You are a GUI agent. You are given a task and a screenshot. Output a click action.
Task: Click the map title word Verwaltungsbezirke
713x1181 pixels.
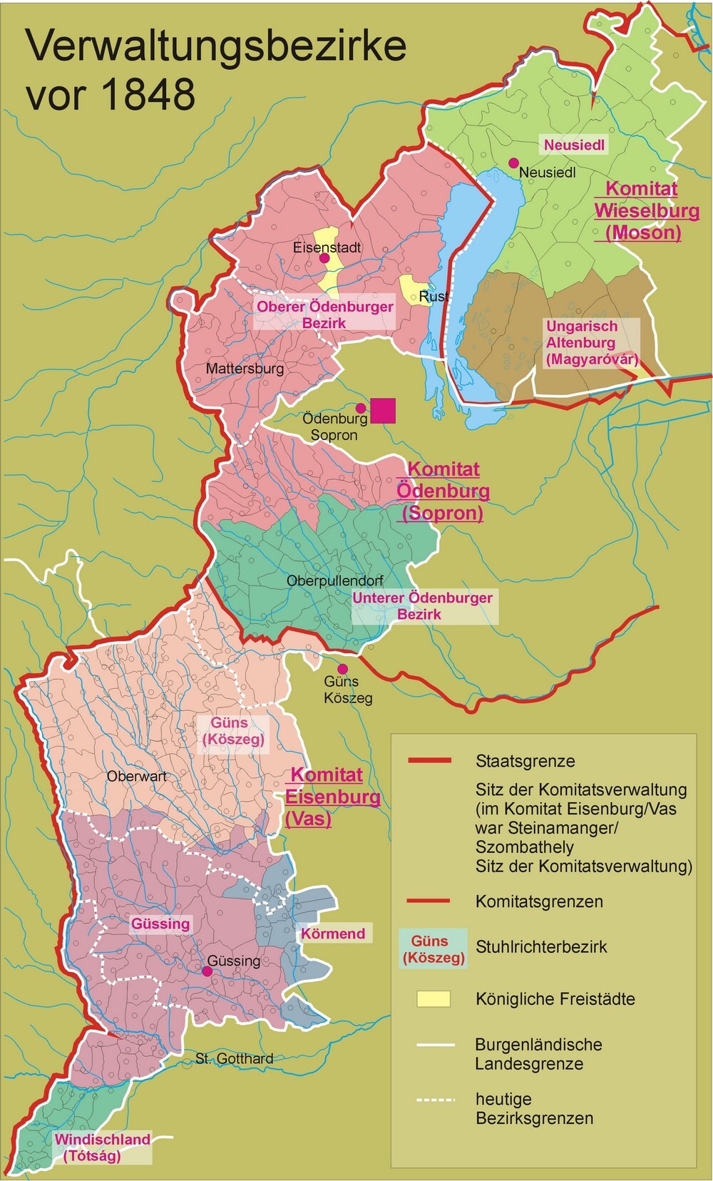coord(216,46)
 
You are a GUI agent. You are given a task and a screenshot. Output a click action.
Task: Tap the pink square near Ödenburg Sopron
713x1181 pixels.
coord(383,410)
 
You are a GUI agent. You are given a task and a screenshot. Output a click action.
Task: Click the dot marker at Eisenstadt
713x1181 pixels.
coord(323,258)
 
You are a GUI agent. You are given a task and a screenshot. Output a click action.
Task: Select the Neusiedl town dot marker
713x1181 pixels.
coord(513,163)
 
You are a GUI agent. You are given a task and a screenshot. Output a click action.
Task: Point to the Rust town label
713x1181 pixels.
coord(434,296)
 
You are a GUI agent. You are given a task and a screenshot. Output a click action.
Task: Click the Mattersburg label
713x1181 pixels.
coord(245,369)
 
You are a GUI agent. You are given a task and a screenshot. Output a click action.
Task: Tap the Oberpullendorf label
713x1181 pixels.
coord(335,581)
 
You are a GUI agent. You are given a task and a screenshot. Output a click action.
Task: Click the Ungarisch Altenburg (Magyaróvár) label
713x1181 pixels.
coord(592,343)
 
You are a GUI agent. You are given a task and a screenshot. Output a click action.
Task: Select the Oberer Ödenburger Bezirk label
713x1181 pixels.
coord(325,315)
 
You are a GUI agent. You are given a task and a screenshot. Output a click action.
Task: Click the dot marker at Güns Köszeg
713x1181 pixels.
coord(342,669)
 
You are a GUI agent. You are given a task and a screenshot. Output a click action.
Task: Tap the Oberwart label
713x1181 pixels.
coord(136,776)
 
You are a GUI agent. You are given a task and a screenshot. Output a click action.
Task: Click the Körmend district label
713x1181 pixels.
coord(333,934)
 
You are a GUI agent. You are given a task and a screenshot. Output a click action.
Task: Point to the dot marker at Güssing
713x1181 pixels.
coord(207,971)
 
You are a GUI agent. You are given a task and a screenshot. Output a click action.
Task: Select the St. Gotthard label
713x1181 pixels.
coord(235,1058)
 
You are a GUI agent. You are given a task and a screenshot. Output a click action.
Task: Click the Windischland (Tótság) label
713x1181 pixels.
coord(102,1147)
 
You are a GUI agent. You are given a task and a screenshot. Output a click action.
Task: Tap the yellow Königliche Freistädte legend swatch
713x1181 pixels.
coord(434,998)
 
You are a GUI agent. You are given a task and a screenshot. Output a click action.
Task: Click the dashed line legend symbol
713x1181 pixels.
coord(435,1099)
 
